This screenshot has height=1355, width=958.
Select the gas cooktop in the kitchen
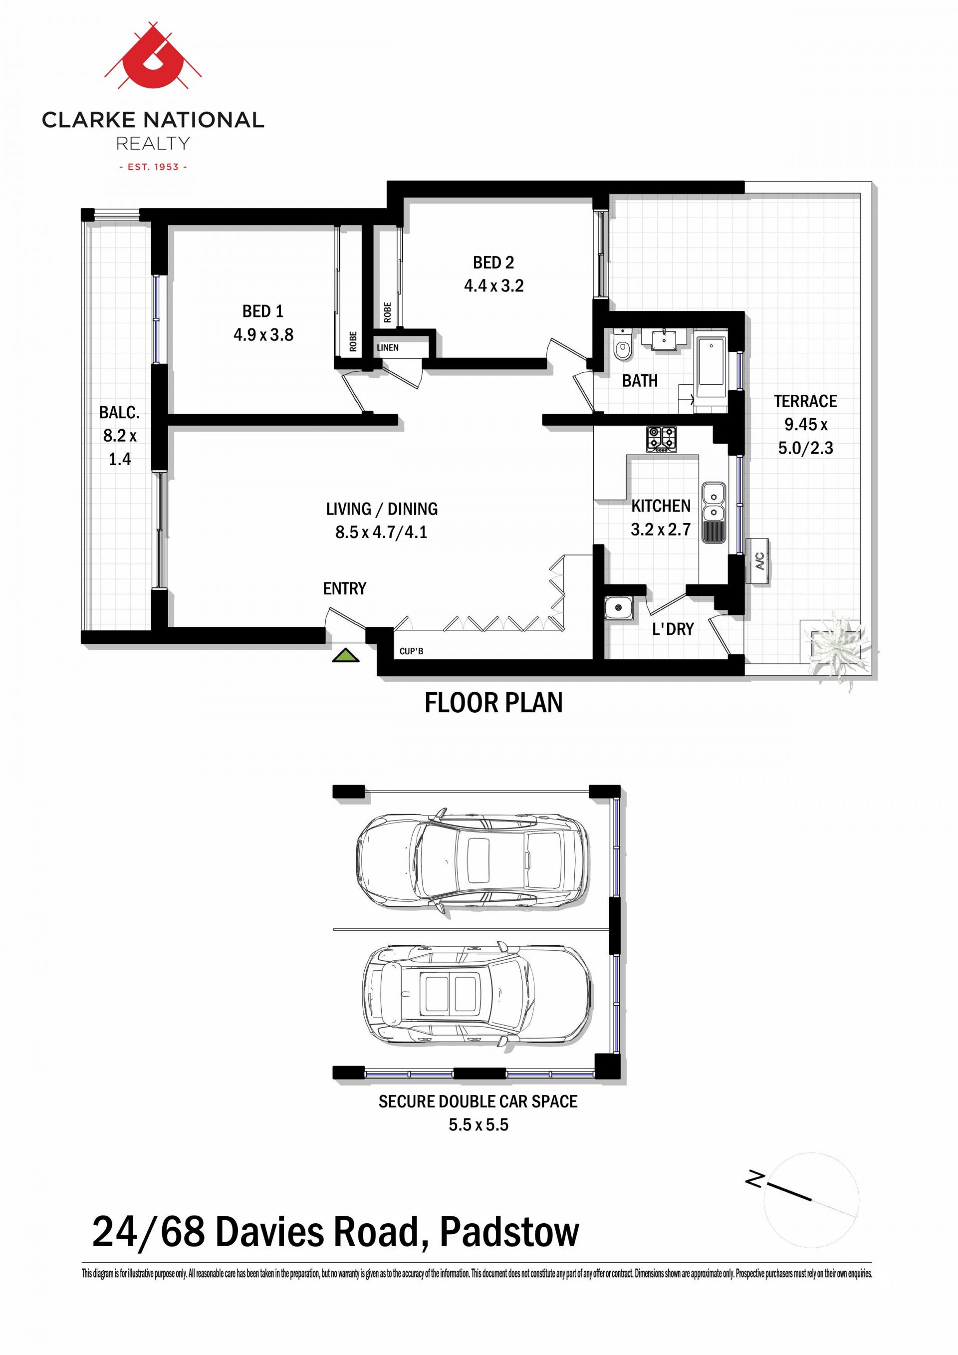[x=661, y=440]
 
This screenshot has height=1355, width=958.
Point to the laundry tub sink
[x=619, y=607]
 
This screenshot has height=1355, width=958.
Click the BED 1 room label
[x=263, y=311]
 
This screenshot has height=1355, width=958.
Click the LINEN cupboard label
[x=388, y=347]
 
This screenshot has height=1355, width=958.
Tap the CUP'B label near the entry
[x=412, y=651]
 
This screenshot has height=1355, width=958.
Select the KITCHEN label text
[x=661, y=506]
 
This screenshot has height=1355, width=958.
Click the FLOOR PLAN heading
[x=494, y=702]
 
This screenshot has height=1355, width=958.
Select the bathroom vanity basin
[x=669, y=339]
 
